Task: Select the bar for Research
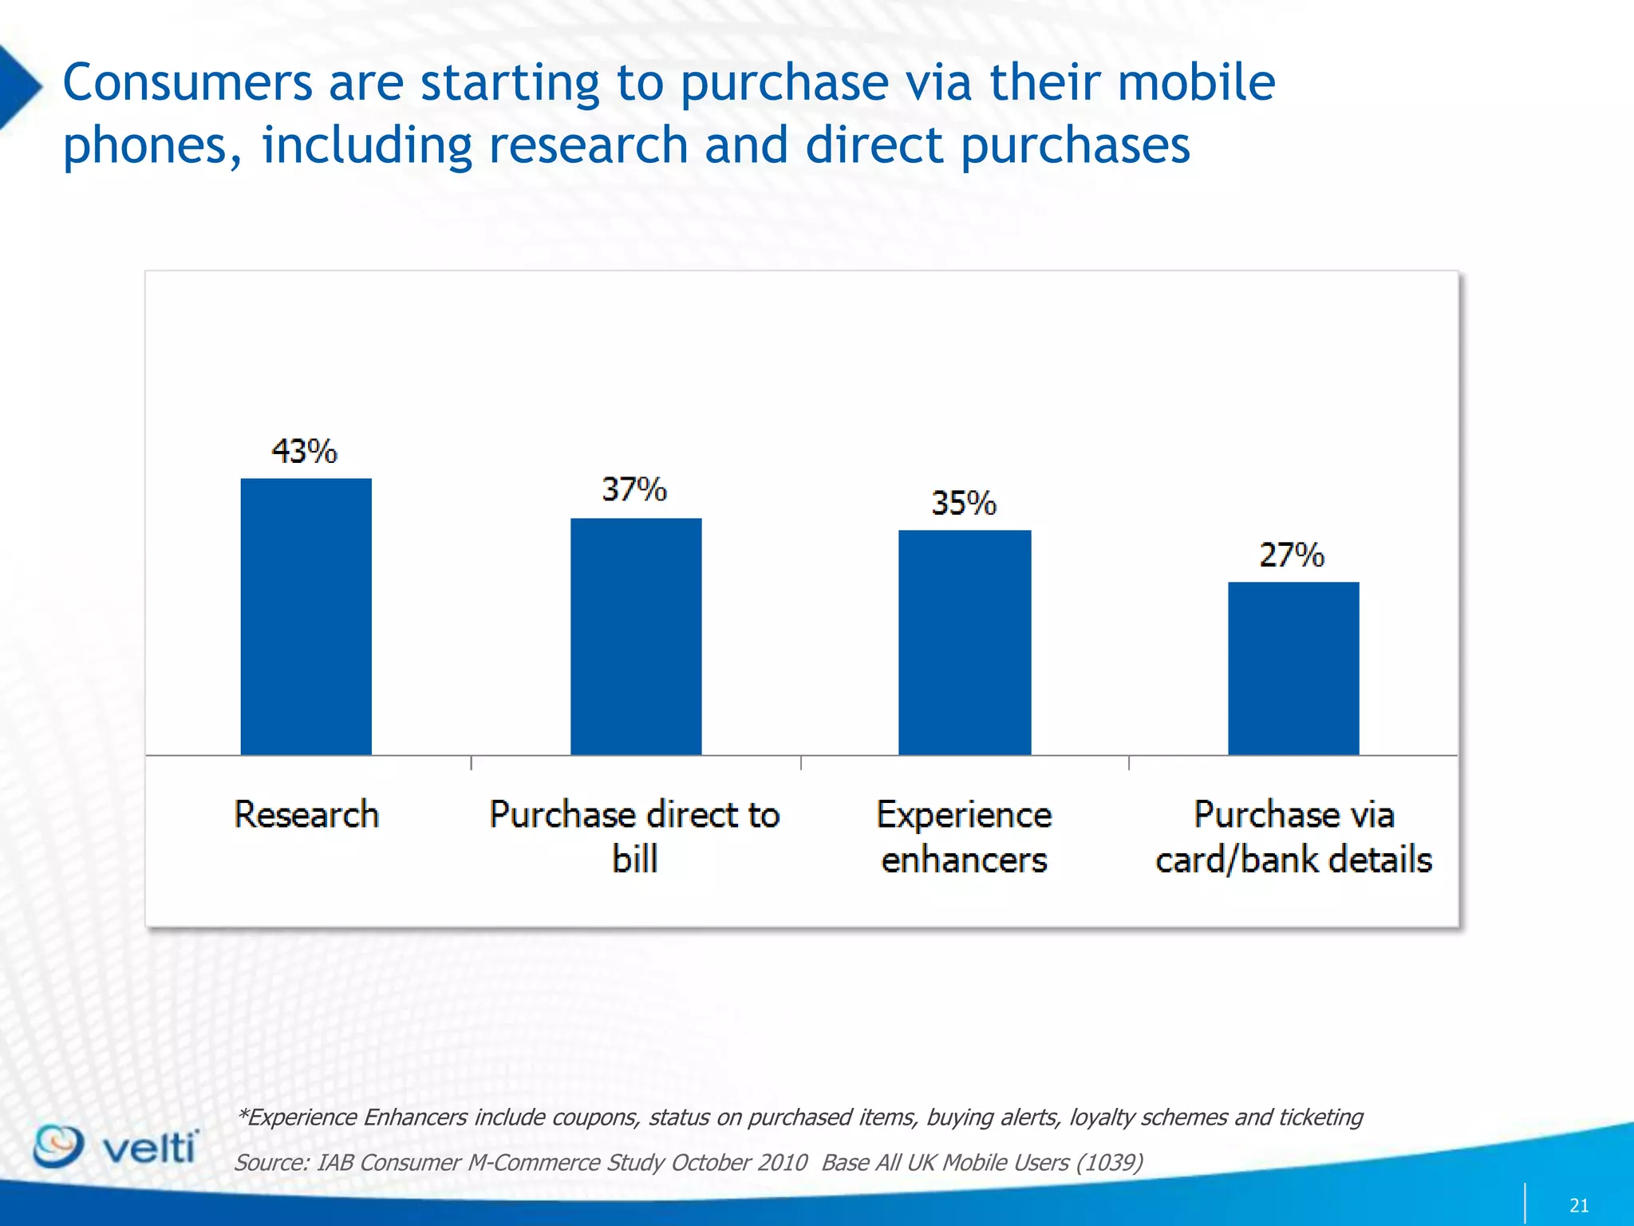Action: coord(306,616)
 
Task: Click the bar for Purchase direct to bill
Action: coord(636,636)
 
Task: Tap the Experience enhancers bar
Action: coord(965,642)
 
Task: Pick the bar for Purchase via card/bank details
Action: coord(1293,668)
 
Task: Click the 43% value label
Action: coord(304,452)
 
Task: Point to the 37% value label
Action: coord(634,489)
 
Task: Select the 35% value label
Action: coord(964,504)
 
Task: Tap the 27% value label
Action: coord(1292,555)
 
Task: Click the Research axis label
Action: coord(306,815)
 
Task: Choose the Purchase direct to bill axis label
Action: coord(634,836)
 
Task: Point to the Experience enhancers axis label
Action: coord(964,836)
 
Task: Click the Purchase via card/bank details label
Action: coord(1293,836)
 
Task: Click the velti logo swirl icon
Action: coord(57,1146)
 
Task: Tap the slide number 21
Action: coord(1579,1205)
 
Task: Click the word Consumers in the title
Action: coord(187,83)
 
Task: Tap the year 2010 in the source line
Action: coord(782,1162)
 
